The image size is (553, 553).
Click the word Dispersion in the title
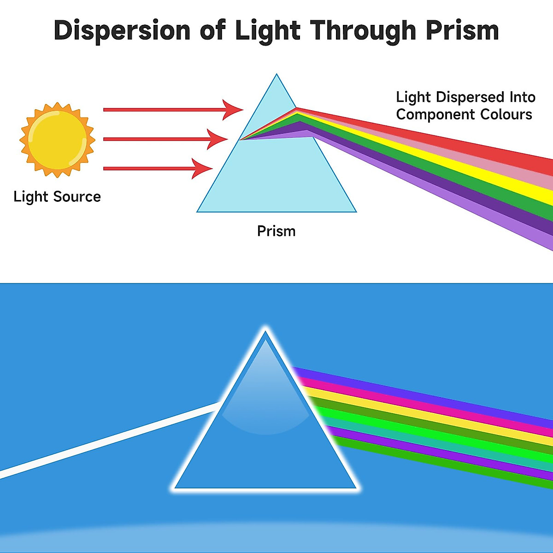click(122, 30)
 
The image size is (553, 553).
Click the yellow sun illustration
click(57, 139)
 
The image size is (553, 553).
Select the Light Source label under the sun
click(57, 197)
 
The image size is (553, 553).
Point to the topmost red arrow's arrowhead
click(233, 110)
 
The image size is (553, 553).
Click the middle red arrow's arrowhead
click(218, 139)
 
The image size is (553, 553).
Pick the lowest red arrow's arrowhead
click(203, 169)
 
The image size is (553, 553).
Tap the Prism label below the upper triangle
click(276, 231)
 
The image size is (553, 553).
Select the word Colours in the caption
click(506, 114)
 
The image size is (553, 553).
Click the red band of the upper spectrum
click(461, 139)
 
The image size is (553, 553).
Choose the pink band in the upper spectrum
click(461, 150)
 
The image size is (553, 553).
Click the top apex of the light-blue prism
click(276, 76)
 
